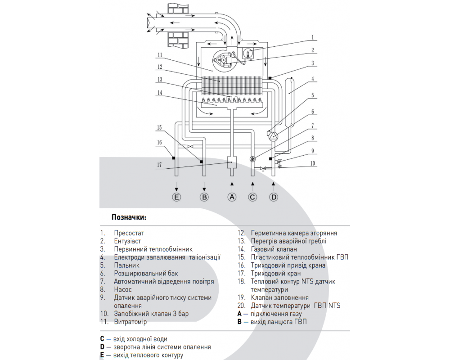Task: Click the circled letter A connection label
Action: click(232, 197)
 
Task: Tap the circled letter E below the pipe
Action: click(176, 197)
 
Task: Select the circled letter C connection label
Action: click(252, 197)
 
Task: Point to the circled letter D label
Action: click(273, 197)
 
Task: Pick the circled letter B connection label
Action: click(204, 197)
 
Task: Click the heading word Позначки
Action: click(129, 217)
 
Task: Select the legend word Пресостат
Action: click(129, 233)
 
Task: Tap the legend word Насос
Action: click(123, 289)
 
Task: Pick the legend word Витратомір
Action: click(130, 322)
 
